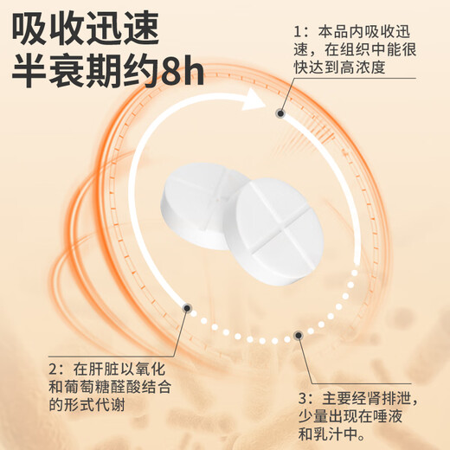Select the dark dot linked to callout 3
[299, 334]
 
